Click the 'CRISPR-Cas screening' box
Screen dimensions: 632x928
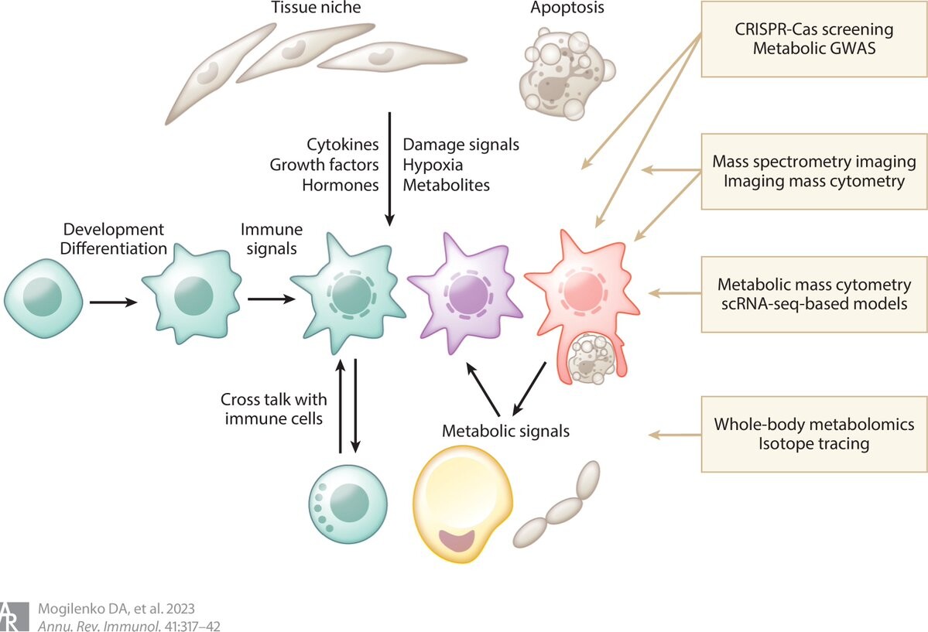813,39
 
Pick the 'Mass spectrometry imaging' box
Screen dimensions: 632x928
813,172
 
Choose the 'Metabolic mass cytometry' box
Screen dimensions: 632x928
813,294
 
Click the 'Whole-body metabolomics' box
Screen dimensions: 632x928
813,434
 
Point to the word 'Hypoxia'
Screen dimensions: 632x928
433,165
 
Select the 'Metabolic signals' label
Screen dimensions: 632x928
505,431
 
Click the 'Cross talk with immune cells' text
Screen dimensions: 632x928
274,409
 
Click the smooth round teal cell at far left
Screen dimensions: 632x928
43,299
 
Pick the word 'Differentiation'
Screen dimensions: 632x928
114,248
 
